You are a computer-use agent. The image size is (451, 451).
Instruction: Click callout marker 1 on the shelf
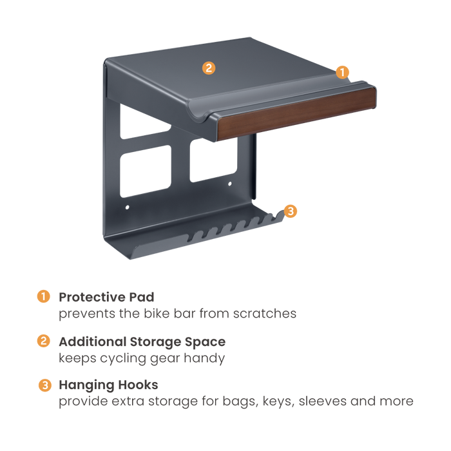(342, 72)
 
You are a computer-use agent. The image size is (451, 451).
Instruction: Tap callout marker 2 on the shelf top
(209, 68)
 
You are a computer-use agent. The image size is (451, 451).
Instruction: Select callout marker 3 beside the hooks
(291, 211)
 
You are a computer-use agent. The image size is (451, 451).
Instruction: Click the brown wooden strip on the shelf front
(296, 113)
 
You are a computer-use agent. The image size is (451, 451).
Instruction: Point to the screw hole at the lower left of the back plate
(128, 207)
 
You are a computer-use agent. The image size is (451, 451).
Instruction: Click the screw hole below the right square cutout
(229, 184)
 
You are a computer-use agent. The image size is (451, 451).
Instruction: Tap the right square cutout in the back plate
(213, 160)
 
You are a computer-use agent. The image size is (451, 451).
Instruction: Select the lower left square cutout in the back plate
(146, 171)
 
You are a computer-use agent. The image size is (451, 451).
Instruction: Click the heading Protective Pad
(106, 297)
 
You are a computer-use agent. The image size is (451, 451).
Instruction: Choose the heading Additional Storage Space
(142, 341)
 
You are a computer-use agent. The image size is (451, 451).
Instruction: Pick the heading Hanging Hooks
(108, 385)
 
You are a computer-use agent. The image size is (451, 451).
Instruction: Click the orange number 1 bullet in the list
(43, 296)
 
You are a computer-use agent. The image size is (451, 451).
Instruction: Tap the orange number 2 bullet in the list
(43, 341)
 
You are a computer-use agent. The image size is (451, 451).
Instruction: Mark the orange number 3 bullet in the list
(45, 385)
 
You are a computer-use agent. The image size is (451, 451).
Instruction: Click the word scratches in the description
(265, 314)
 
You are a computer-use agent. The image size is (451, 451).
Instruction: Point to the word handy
(204, 359)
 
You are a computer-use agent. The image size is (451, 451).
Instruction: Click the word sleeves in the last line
(322, 401)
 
